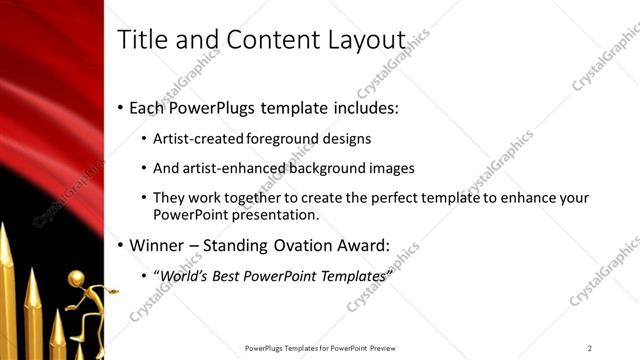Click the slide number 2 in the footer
pyautogui.click(x=590, y=348)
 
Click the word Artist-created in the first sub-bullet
pyautogui.click(x=196, y=138)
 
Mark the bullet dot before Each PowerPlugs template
pyautogui.click(x=121, y=107)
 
